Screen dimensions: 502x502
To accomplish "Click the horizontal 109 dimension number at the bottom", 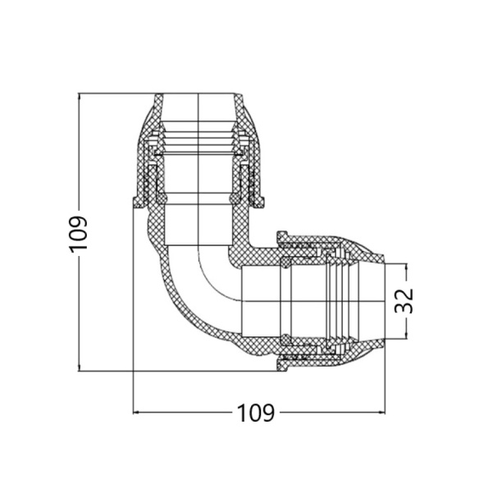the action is point(255,413).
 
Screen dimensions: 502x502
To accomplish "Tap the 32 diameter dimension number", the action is point(404,301).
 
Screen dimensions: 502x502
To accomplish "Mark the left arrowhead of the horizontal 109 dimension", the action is point(137,413).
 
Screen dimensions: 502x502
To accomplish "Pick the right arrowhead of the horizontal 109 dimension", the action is point(381,413).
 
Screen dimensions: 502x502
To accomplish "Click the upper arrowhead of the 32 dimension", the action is point(406,267).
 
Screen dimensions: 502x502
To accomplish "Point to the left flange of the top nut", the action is point(138,203).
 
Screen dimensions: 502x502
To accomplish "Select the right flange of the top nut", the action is point(258,203).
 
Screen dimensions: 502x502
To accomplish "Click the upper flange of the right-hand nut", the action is point(282,238).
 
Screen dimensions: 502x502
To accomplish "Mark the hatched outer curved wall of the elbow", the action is point(180,308).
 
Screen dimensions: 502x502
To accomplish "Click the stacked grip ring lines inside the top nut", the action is point(198,139).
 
